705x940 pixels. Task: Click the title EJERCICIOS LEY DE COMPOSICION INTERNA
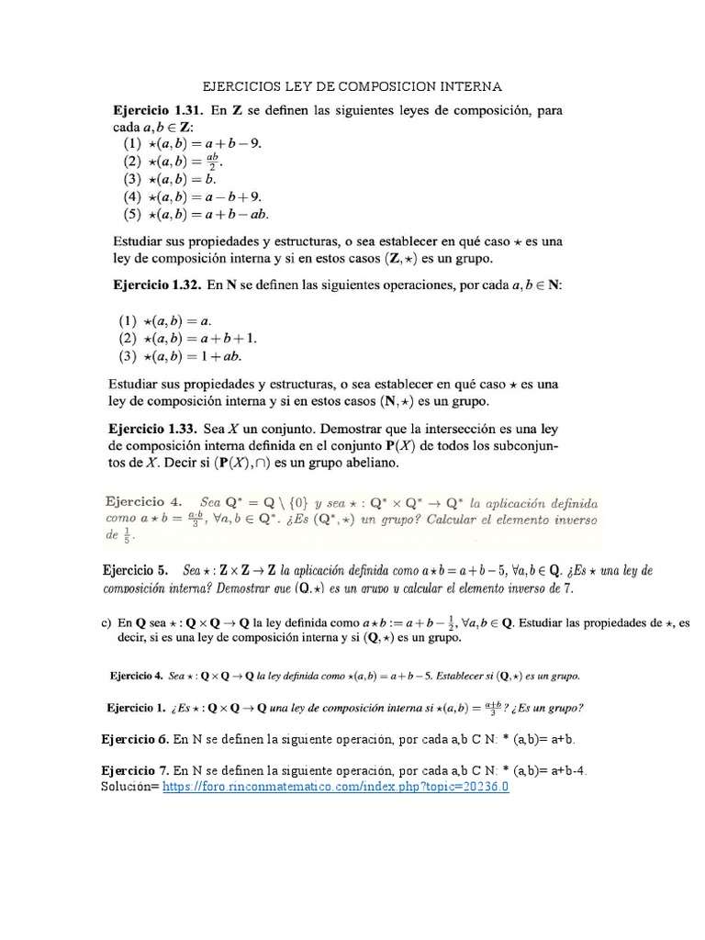(352, 87)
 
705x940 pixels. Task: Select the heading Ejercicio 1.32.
(157, 285)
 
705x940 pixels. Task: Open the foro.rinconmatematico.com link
(335, 788)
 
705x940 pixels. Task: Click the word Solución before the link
(128, 788)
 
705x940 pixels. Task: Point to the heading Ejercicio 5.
(138, 570)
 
